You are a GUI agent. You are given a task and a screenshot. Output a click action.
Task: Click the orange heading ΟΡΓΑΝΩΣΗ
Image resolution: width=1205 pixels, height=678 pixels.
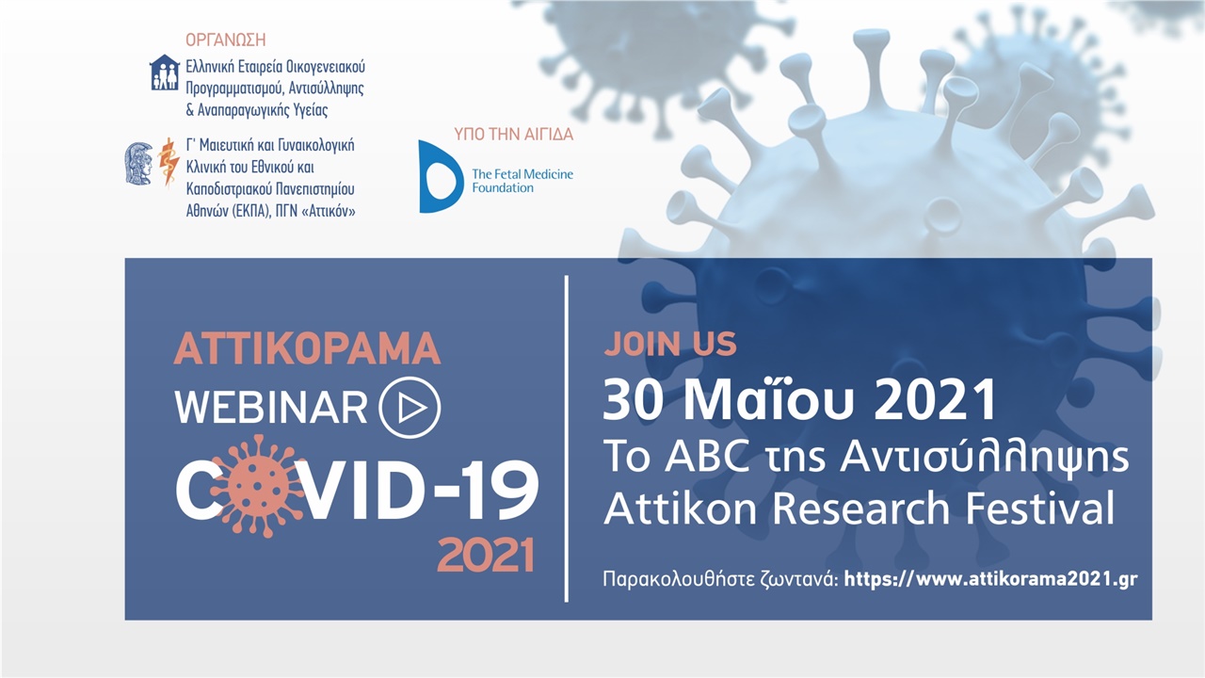pos(226,40)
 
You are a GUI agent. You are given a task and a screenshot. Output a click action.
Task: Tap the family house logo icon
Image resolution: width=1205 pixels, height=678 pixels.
pos(165,73)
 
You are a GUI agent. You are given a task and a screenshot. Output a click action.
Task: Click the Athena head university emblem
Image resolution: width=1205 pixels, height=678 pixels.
pos(138,164)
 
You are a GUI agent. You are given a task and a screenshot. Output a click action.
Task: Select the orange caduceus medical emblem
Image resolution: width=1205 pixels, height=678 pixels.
pos(169,162)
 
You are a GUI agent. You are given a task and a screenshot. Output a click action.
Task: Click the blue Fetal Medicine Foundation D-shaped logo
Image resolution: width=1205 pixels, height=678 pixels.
pos(441,176)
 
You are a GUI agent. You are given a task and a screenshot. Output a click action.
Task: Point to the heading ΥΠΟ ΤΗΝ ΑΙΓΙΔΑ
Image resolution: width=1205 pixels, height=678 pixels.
pos(514,134)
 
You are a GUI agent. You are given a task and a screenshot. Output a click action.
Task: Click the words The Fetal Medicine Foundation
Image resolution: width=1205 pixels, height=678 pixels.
pos(522,181)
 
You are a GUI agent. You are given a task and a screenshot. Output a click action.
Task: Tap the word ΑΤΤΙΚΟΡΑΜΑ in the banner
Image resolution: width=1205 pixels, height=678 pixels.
pos(307,348)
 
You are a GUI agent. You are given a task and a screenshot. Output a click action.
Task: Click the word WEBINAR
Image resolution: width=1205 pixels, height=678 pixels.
pos(271,408)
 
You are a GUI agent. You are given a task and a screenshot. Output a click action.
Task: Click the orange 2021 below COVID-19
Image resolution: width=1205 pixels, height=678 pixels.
pos(486,555)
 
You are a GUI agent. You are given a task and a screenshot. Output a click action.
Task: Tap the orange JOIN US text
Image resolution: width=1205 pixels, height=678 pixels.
pos(670,344)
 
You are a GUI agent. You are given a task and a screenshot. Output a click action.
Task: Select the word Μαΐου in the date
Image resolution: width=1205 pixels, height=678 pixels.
pos(769,400)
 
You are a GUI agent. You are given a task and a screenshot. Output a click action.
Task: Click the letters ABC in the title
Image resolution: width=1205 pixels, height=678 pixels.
pos(707,455)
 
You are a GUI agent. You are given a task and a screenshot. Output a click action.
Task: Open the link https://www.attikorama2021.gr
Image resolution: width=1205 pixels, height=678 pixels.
pos(991,579)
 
